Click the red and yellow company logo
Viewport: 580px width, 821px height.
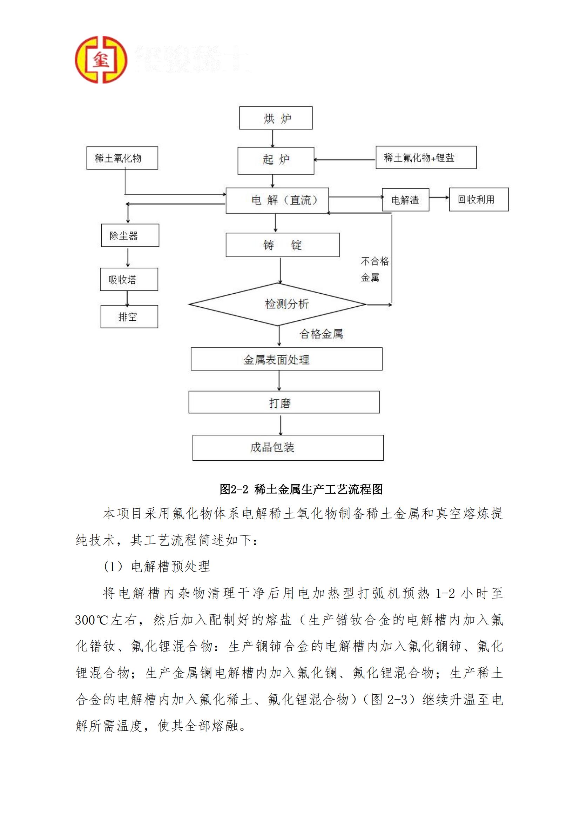click(101, 60)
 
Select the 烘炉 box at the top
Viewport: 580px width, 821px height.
click(276, 118)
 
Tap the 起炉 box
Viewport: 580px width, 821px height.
click(276, 161)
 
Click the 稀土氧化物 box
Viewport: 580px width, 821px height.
click(122, 158)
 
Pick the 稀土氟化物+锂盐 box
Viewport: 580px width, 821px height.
click(426, 157)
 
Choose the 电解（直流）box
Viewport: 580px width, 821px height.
click(277, 200)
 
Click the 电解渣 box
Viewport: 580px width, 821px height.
click(405, 200)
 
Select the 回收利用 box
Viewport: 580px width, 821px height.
click(479, 200)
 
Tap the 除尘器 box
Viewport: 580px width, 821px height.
click(130, 235)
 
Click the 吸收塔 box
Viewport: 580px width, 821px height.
click(129, 279)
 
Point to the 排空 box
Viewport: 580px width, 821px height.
click(129, 316)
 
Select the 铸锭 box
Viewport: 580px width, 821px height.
click(282, 245)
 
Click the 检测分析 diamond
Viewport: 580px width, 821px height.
click(278, 304)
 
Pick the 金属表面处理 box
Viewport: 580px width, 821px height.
click(286, 359)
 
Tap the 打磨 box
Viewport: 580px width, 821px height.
click(284, 402)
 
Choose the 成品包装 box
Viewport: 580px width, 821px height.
click(288, 447)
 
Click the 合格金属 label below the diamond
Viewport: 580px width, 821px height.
click(321, 334)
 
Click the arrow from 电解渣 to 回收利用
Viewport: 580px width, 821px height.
click(439, 198)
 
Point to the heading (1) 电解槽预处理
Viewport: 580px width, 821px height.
click(157, 566)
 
